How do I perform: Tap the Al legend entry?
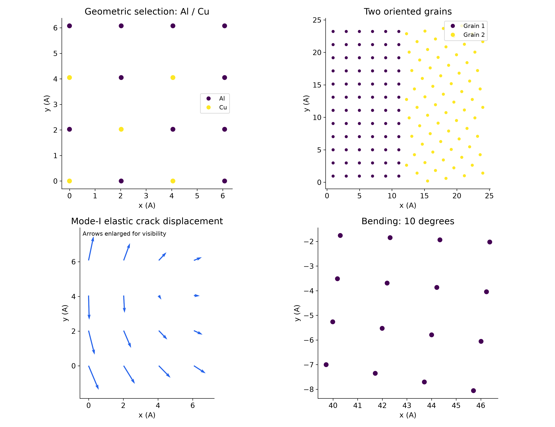pos(216,99)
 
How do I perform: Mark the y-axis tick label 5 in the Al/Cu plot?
pos(55,54)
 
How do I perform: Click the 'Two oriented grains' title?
pos(408,12)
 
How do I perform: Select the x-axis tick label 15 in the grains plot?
pos(424,196)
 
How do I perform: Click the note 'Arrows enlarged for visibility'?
pos(124,234)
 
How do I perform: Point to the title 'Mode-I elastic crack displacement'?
pos(147,221)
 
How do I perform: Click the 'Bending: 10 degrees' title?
pos(408,221)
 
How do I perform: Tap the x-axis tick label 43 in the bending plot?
pos(407,406)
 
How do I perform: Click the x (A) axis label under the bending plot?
pos(408,415)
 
